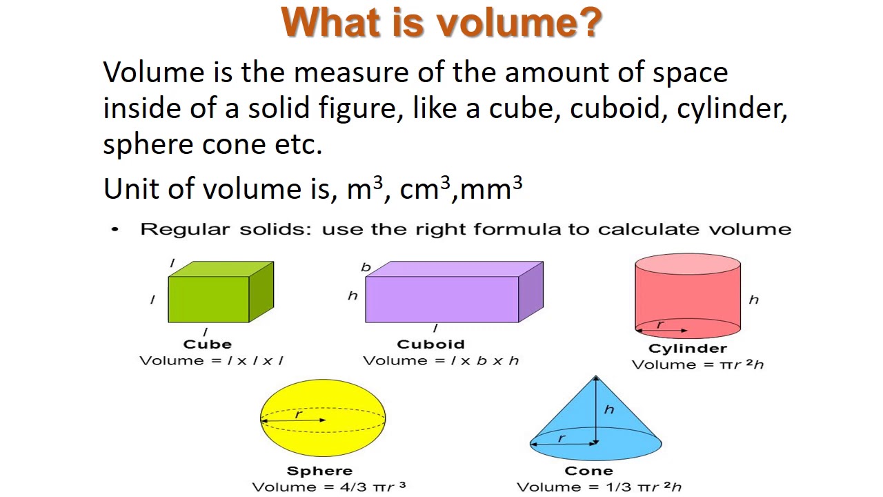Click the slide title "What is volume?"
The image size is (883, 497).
point(441,23)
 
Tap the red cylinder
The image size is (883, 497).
point(688,297)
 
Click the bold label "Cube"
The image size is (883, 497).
point(207,344)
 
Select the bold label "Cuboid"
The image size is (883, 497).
point(430,344)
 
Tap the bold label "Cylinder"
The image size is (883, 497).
point(687,349)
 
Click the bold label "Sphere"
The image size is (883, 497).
point(319,471)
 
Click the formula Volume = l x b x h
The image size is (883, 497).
point(441,360)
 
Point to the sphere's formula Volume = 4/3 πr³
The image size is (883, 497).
point(328,487)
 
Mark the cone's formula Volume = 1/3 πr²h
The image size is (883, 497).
point(599,487)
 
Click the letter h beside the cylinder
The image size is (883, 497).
point(753,300)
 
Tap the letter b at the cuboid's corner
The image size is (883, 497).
point(366,267)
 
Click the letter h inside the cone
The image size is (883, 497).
point(608,409)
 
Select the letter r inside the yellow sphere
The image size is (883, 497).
point(299,414)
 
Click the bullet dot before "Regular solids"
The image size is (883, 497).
point(115,229)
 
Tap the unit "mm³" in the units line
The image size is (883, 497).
point(490,188)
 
